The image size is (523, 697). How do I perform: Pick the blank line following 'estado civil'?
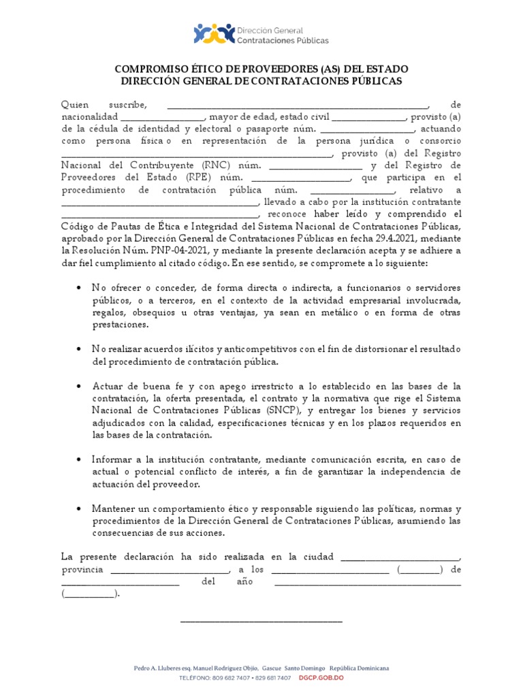(368, 116)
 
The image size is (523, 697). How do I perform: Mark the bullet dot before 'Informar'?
(80, 459)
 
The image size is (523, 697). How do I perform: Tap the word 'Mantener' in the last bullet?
(112, 508)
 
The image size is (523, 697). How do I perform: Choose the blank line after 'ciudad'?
(400, 557)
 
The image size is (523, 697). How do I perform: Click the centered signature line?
(261, 620)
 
